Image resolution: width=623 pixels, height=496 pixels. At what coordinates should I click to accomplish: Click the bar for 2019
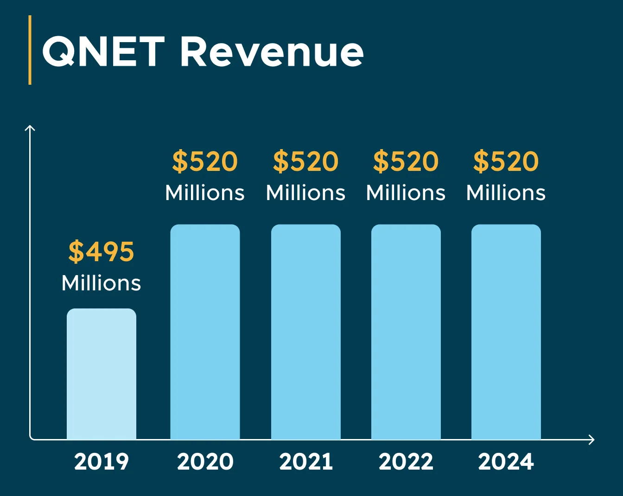coord(102,374)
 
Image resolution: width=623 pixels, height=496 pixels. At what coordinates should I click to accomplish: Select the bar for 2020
coord(205,332)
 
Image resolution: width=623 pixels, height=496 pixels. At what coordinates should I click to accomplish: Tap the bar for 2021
coord(306,332)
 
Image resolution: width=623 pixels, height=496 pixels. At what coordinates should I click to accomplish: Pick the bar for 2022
coord(406,332)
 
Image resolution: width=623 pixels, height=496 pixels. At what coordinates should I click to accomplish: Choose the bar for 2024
coord(506,332)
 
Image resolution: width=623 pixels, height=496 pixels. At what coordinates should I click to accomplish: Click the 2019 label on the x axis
coord(102,462)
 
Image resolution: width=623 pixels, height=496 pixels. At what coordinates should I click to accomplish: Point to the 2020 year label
coord(205,462)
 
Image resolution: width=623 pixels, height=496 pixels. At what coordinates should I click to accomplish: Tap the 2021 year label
coord(306,462)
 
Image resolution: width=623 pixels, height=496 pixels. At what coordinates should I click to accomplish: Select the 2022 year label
coord(406,462)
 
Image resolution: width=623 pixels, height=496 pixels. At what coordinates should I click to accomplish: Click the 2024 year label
coord(506,462)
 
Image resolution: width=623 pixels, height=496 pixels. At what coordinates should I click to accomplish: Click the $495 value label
coord(101,252)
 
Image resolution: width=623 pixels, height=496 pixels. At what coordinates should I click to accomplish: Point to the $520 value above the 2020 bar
coord(205,162)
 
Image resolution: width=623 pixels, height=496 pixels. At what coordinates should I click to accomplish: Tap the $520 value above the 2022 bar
coord(406,162)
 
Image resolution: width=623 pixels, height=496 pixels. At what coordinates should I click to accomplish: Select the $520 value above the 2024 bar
coord(506,162)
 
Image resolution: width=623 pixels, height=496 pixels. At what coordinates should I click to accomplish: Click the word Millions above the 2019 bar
coord(101,283)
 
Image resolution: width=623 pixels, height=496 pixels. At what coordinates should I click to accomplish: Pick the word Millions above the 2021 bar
coord(306,193)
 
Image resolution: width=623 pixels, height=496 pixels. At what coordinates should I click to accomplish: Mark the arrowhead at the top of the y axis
coord(30,128)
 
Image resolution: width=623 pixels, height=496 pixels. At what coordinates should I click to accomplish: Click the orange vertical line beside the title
coord(30,50)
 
